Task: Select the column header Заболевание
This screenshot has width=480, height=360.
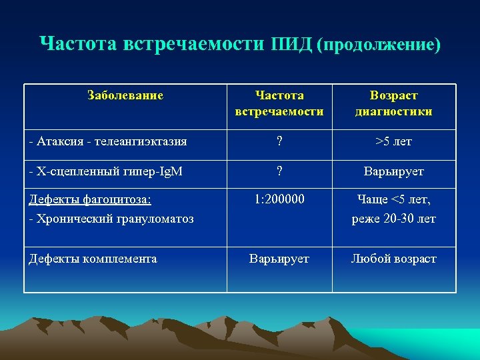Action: [125, 95]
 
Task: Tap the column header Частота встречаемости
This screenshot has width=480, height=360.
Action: [279, 103]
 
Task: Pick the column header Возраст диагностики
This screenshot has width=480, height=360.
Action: [393, 103]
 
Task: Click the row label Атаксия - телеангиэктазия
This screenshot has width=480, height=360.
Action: [108, 141]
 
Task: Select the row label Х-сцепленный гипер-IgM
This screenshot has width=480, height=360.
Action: [107, 171]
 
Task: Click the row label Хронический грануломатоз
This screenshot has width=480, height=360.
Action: [111, 219]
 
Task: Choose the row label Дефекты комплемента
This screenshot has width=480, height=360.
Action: [93, 259]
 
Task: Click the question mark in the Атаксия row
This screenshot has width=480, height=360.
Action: [279, 141]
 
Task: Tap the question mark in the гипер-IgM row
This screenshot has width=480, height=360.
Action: [279, 171]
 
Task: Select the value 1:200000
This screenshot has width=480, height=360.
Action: [279, 199]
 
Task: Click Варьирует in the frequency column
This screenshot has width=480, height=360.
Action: [279, 259]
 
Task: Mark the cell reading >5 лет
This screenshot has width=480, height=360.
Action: [393, 141]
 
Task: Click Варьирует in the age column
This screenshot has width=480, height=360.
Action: [393, 171]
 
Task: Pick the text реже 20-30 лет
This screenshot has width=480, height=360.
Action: [393, 219]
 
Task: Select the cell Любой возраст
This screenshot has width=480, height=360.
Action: [393, 259]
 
